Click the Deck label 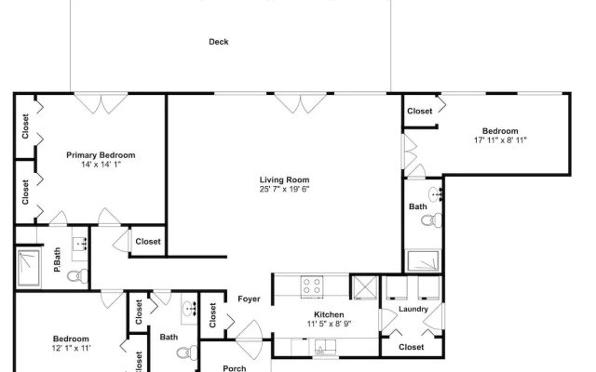pyautogui.click(x=219, y=42)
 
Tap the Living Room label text pyautogui.click(x=284, y=179)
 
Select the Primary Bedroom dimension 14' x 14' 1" pyautogui.click(x=101, y=165)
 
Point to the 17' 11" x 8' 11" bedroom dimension pyautogui.click(x=500, y=140)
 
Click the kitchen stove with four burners pyautogui.click(x=312, y=286)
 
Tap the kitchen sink pyautogui.click(x=325, y=347)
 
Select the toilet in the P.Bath pyautogui.click(x=77, y=275)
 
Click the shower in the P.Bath pyautogui.click(x=28, y=268)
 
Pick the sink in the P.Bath pyautogui.click(x=80, y=244)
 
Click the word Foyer pyautogui.click(x=249, y=299)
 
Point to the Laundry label pyautogui.click(x=413, y=309)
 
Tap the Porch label pyautogui.click(x=234, y=368)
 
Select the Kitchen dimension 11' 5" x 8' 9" pyautogui.click(x=329, y=324)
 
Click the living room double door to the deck pyautogui.click(x=300, y=103)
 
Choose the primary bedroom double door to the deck pyautogui.click(x=101, y=103)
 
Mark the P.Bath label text pyautogui.click(x=57, y=260)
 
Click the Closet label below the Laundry pyautogui.click(x=412, y=347)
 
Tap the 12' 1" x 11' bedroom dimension pyautogui.click(x=71, y=348)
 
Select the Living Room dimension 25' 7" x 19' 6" pyautogui.click(x=284, y=189)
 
